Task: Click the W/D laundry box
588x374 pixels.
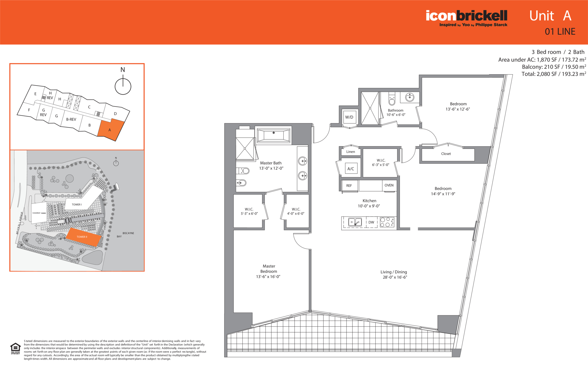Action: (x=349, y=117)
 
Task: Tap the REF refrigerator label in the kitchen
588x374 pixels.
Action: (x=349, y=186)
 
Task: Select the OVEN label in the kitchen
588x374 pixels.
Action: (x=389, y=185)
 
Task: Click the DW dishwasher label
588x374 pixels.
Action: (x=371, y=222)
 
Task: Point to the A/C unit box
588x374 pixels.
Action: (x=351, y=169)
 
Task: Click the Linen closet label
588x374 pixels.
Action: (x=350, y=152)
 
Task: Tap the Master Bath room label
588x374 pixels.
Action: (x=271, y=163)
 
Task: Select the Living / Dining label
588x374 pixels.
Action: (x=394, y=272)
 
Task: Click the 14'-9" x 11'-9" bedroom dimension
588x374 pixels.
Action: (x=443, y=194)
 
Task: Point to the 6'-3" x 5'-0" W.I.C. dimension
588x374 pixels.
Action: (x=381, y=165)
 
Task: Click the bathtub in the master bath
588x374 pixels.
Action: (x=274, y=135)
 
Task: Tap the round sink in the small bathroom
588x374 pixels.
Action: (x=410, y=97)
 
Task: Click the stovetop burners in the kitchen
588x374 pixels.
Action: (x=387, y=222)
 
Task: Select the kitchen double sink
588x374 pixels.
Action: (x=355, y=222)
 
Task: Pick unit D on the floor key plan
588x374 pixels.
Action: (x=115, y=114)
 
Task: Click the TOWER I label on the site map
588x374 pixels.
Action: (x=77, y=205)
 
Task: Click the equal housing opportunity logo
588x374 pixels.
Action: (x=15, y=348)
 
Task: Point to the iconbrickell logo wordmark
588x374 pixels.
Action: (x=467, y=16)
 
